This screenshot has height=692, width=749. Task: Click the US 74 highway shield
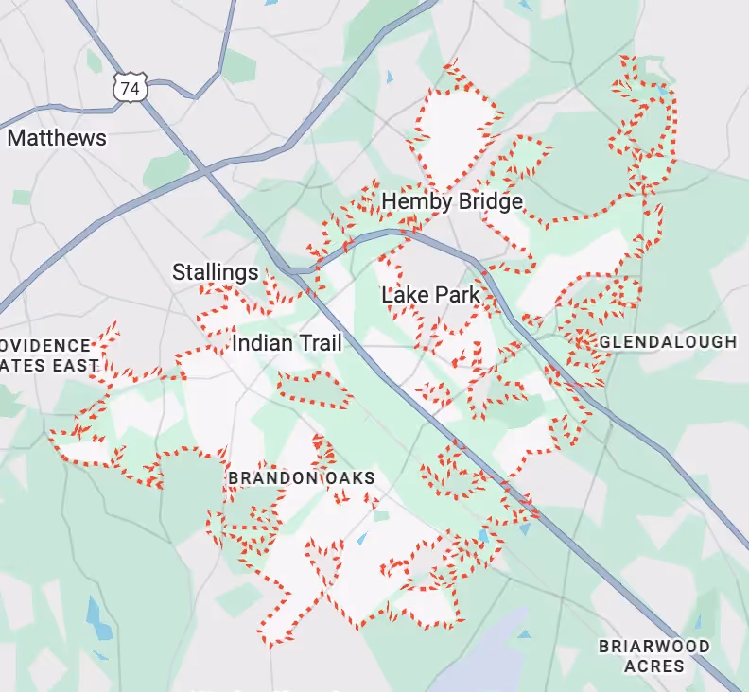click(129, 88)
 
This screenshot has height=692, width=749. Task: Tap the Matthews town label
click(57, 138)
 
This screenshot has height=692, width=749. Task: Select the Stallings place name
click(215, 273)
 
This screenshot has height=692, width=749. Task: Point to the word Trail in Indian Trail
click(316, 343)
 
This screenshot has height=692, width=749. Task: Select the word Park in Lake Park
click(458, 295)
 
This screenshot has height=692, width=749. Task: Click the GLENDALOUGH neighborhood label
click(668, 341)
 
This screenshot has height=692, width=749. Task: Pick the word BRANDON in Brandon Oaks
click(272, 478)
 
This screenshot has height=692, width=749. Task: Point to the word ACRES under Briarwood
click(654, 666)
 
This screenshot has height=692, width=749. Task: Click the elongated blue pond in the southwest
click(97, 616)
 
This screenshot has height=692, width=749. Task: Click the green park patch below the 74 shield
click(166, 167)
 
